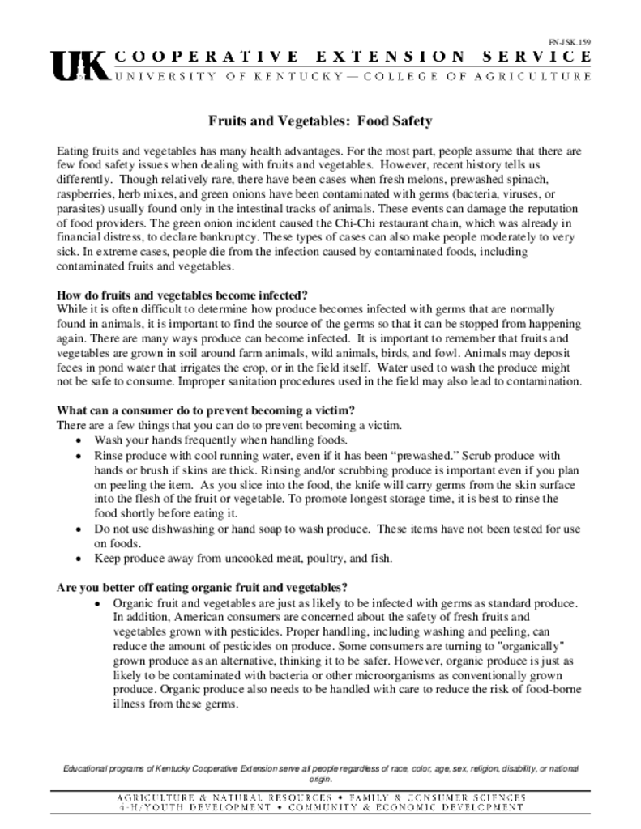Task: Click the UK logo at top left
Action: point(79,66)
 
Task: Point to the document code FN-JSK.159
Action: point(570,40)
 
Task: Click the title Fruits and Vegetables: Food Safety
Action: point(321,121)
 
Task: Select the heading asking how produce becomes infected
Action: point(182,295)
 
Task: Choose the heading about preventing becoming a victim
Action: point(206,410)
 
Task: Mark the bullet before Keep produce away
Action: point(78,559)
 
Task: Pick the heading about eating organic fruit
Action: point(203,587)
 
